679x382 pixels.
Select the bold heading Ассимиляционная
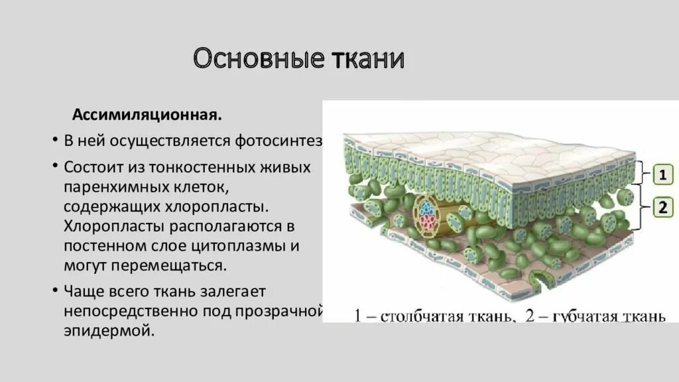pos(147,115)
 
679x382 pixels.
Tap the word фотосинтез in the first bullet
pos(279,141)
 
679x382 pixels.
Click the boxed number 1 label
pos(662,175)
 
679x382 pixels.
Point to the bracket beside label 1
pos(641,172)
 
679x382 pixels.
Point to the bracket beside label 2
pos(641,208)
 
